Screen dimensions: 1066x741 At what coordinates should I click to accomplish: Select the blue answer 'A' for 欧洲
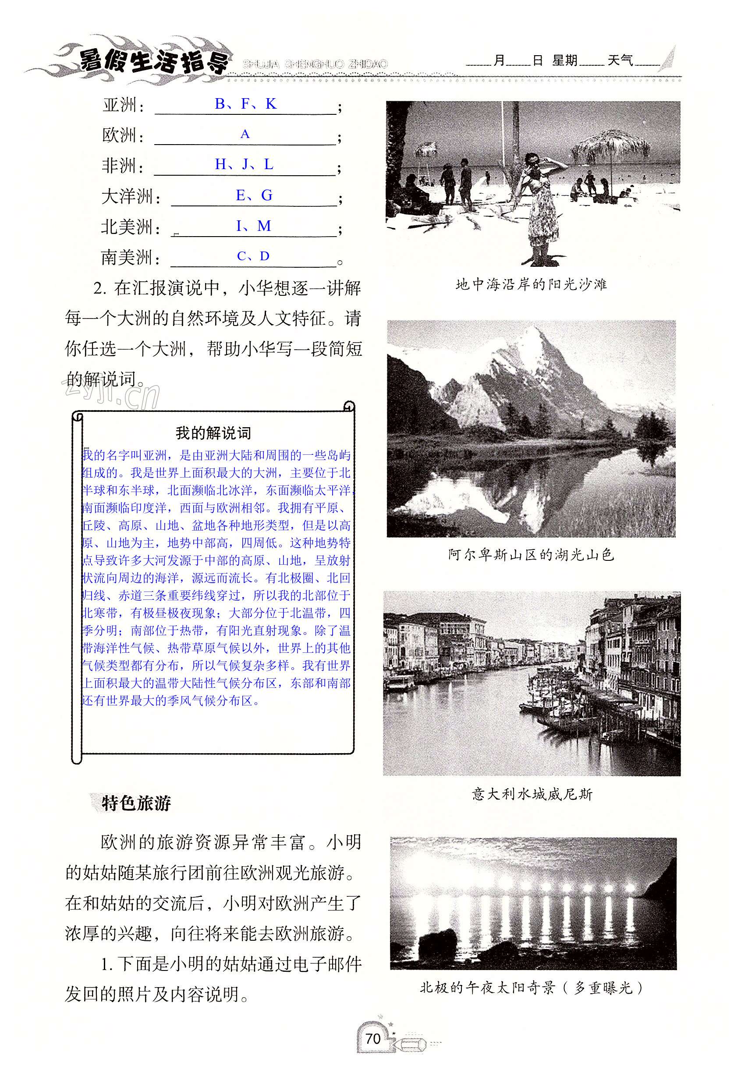point(245,134)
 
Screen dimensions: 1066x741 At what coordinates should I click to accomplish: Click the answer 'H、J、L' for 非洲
point(244,164)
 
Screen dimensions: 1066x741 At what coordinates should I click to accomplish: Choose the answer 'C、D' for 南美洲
point(253,256)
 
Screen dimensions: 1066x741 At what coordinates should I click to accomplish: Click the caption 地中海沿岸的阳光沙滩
point(531,284)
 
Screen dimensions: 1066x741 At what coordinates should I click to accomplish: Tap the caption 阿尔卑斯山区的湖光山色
point(531,555)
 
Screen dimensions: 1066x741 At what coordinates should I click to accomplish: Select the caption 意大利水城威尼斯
point(532,794)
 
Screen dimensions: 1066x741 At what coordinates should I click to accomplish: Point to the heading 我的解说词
point(213,433)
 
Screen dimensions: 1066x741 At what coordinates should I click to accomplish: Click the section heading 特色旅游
point(136,803)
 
